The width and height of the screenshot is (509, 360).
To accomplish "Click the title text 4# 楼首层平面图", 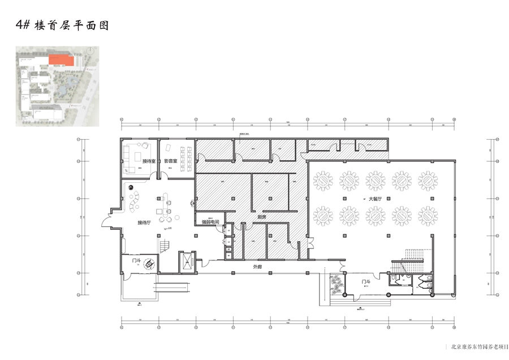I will [62, 25].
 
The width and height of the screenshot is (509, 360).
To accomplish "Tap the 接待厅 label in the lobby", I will [145, 223].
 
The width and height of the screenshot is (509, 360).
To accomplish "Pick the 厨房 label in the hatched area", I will [262, 217].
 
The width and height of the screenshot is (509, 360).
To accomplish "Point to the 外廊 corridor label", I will [257, 266].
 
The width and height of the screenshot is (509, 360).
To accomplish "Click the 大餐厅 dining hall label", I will [376, 199].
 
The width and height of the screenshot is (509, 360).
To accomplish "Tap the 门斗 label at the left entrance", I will [136, 262].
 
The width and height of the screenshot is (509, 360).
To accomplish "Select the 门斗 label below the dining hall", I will [366, 281].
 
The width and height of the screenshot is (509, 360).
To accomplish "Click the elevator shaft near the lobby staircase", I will [186, 261].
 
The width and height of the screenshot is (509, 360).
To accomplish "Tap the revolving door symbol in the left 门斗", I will [150, 263].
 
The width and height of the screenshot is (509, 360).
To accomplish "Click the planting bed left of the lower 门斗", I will [337, 285].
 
